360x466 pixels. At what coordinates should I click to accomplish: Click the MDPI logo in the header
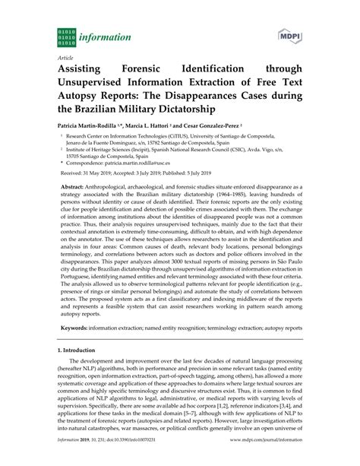pos(289,36)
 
